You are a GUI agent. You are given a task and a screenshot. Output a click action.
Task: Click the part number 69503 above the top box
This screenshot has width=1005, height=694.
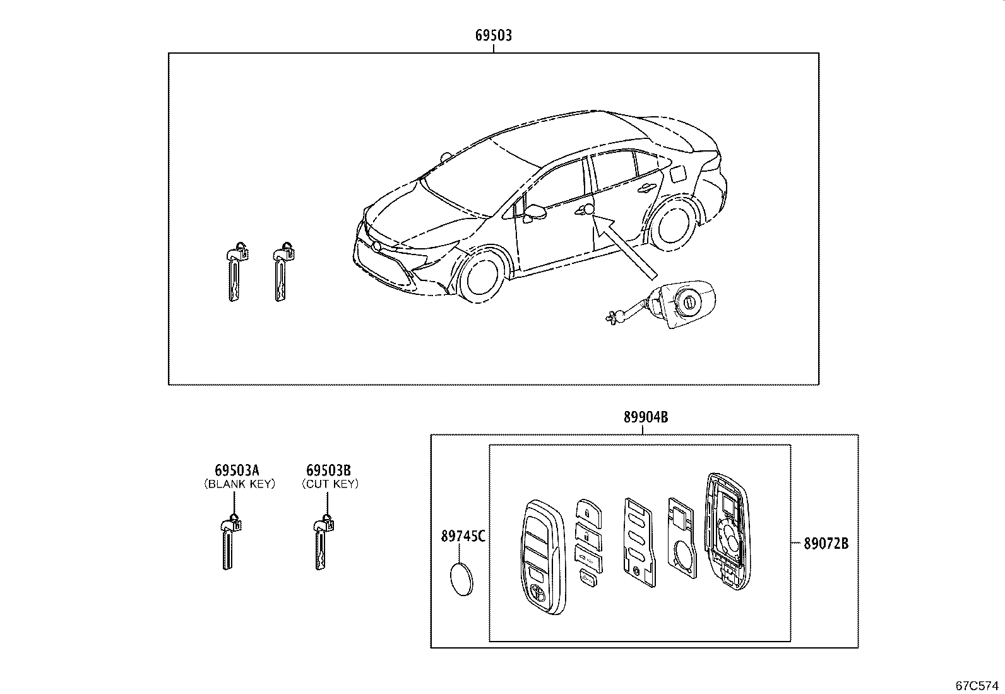[494, 35]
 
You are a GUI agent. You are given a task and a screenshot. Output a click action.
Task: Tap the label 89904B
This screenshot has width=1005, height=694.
[646, 417]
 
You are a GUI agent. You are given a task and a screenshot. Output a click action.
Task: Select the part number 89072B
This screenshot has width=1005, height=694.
[826, 544]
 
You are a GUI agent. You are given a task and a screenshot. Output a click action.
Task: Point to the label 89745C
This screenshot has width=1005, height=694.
[463, 536]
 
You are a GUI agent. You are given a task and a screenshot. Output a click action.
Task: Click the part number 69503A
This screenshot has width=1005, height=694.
[237, 470]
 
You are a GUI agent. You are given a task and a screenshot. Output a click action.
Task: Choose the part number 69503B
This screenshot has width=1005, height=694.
[328, 470]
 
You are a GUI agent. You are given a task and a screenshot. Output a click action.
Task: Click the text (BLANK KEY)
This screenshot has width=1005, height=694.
[240, 484]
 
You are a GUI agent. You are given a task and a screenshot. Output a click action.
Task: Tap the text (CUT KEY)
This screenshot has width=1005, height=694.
[330, 484]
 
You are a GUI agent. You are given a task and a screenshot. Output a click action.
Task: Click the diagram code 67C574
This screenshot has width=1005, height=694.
[977, 686]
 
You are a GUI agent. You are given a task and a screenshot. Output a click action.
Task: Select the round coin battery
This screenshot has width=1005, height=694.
[461, 579]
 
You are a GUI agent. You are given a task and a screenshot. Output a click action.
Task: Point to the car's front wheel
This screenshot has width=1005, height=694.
[482, 278]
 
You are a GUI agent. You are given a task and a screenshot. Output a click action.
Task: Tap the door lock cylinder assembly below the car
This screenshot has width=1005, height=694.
[662, 304]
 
